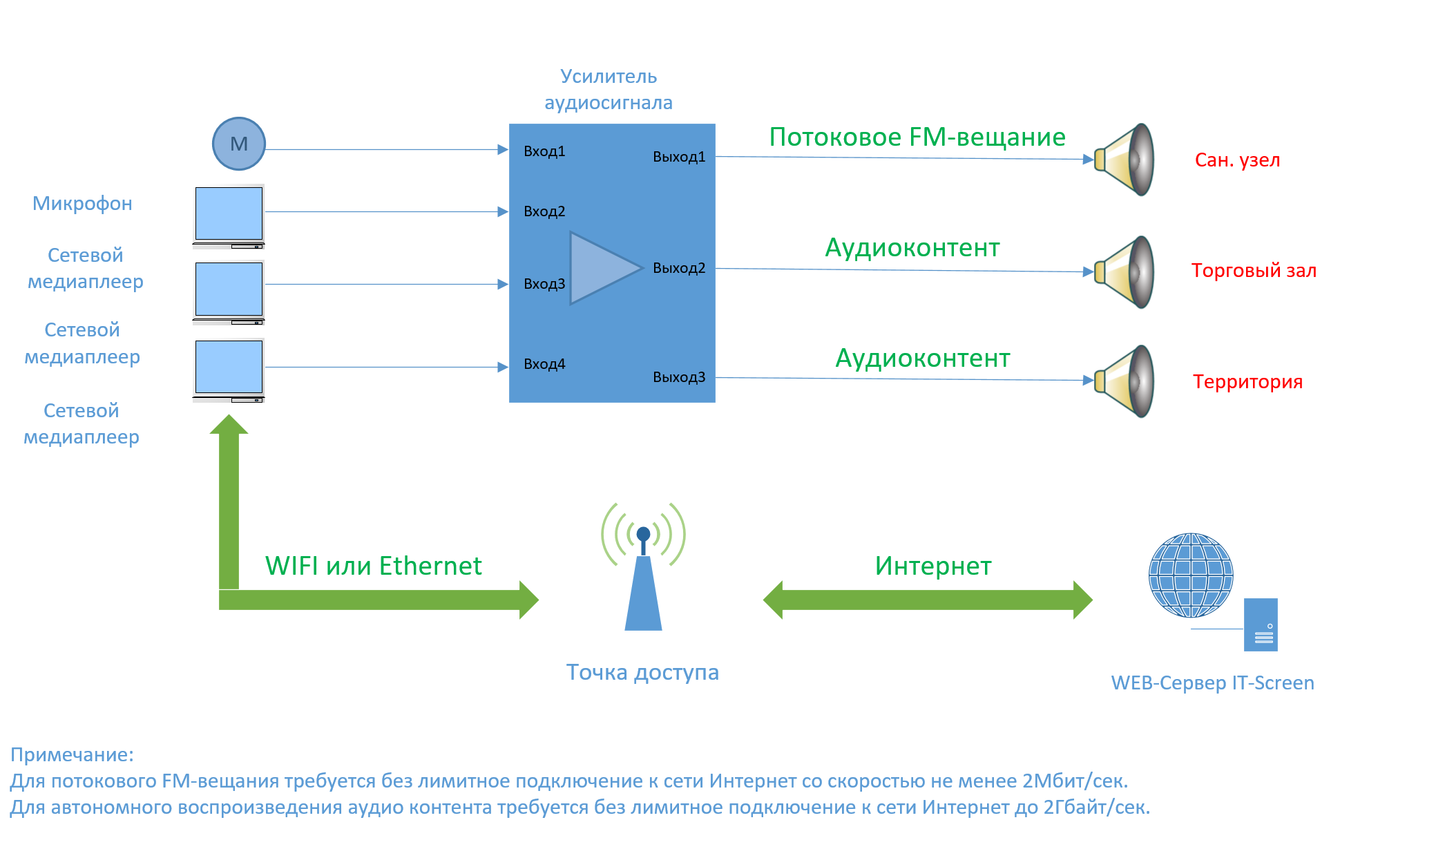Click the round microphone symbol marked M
click(x=238, y=144)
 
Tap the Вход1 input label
click(x=544, y=151)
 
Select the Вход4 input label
click(x=544, y=364)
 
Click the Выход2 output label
click(x=679, y=268)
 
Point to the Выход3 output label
click(x=679, y=377)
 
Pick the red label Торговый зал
click(x=1254, y=271)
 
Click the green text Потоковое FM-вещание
click(x=917, y=137)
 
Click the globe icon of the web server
click(x=1190, y=575)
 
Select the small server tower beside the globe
click(x=1261, y=624)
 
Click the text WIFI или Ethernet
click(x=373, y=566)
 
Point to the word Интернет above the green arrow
click(x=932, y=566)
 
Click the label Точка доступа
click(x=642, y=672)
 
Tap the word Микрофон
click(x=82, y=204)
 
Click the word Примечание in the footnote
click(x=72, y=754)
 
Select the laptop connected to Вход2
click(x=229, y=216)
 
